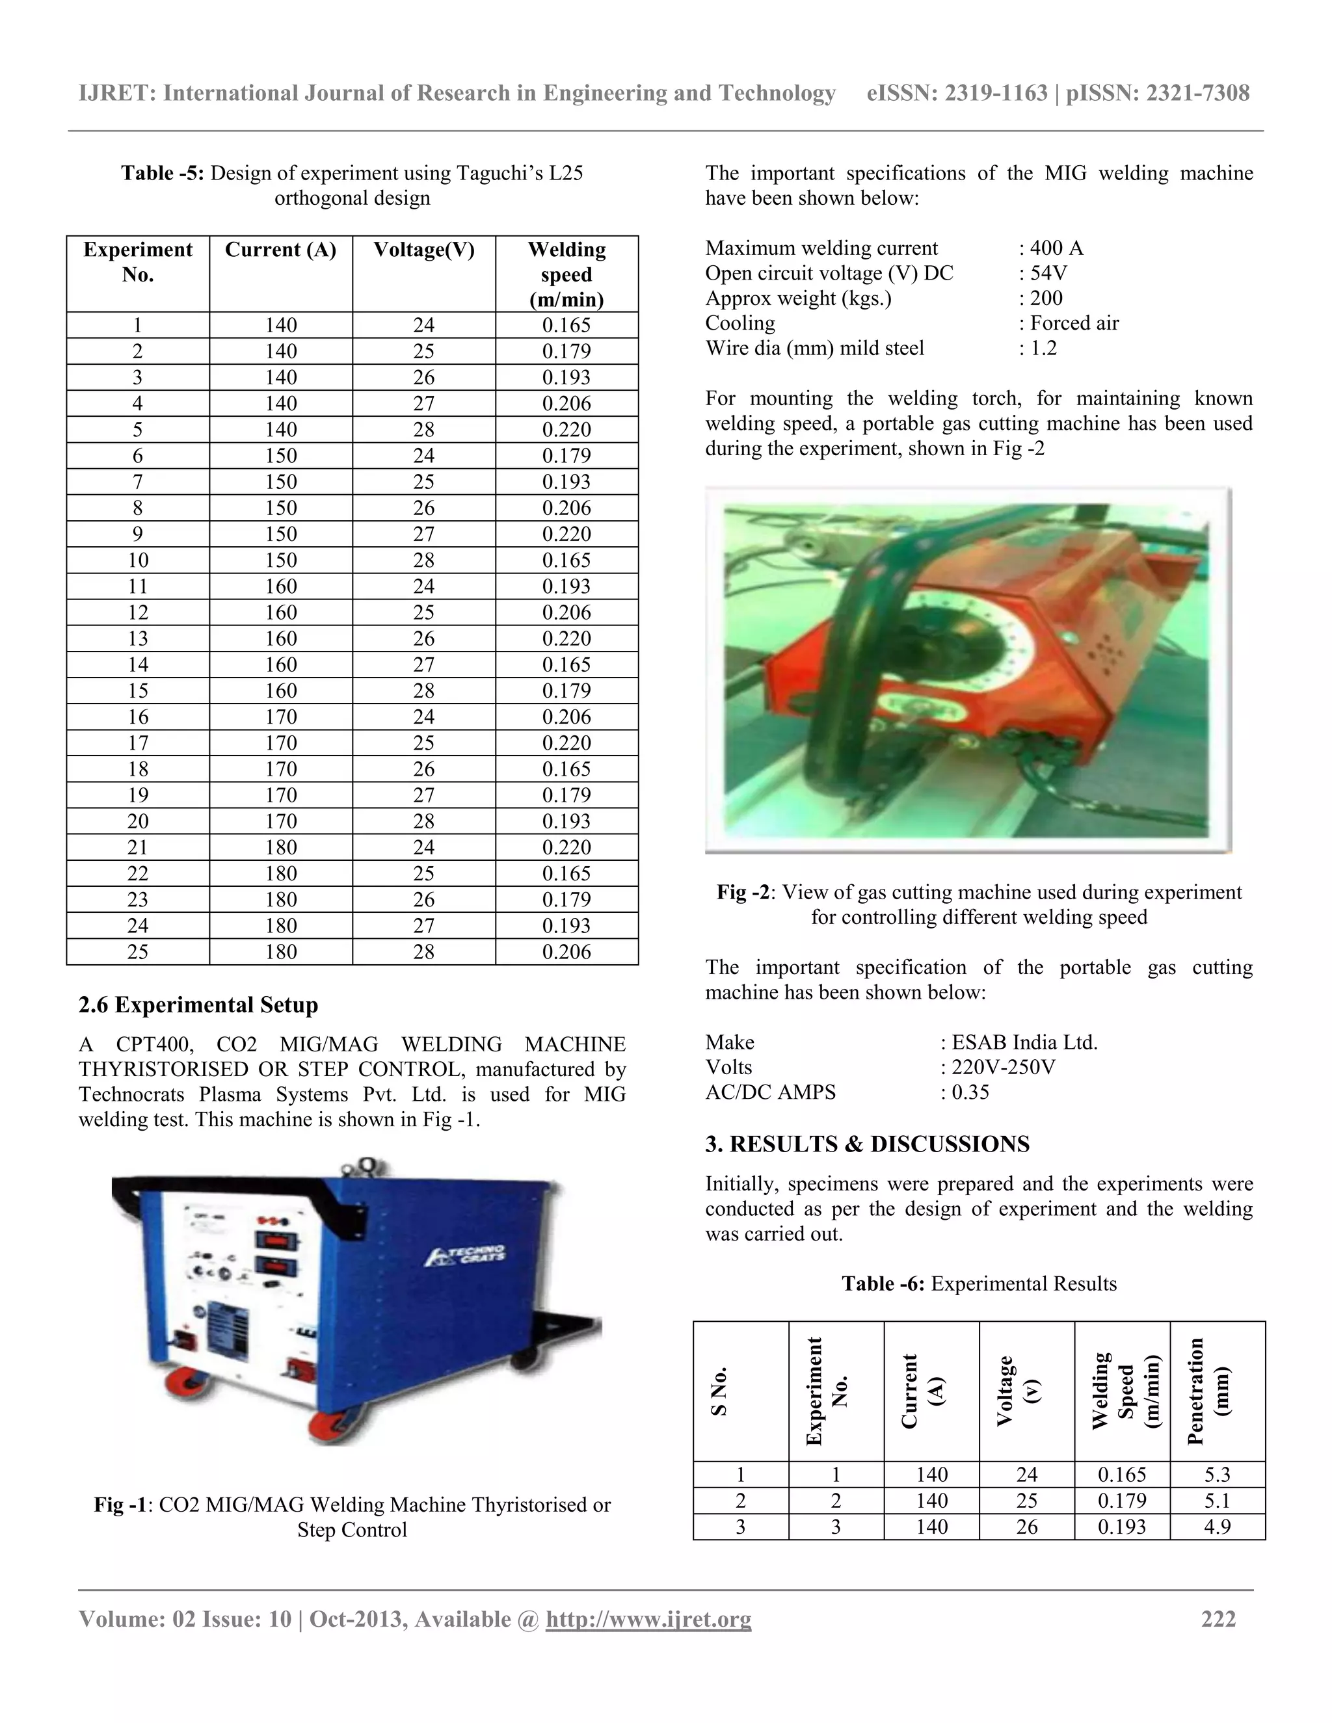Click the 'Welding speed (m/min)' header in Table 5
click(566, 274)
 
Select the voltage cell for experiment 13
click(424, 638)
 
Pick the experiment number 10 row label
click(138, 560)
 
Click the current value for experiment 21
click(281, 847)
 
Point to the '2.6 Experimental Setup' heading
click(198, 1005)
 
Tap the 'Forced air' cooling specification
click(1074, 323)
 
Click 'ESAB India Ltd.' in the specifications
click(1024, 1042)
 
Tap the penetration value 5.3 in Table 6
click(1217, 1475)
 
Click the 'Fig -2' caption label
click(743, 892)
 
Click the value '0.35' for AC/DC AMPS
click(970, 1093)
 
